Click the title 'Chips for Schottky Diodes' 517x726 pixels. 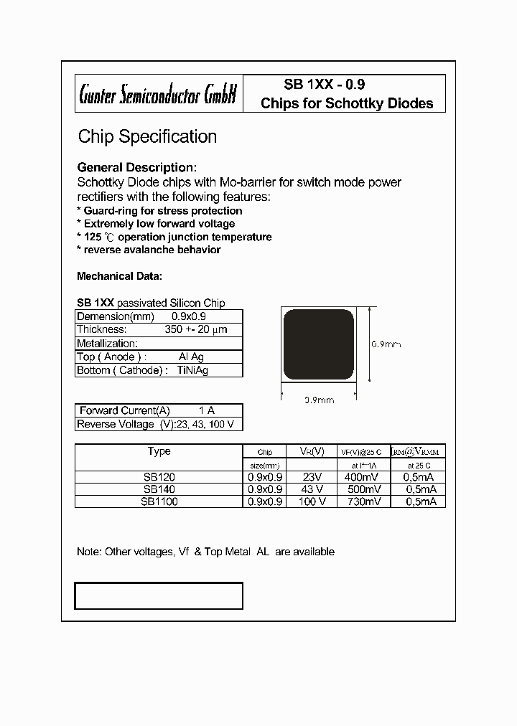pyautogui.click(x=347, y=103)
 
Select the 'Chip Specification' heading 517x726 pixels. pyautogui.click(x=147, y=136)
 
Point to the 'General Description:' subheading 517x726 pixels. pyautogui.click(x=136, y=167)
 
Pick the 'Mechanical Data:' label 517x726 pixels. pyautogui.click(x=119, y=276)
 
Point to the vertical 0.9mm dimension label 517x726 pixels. pyautogui.click(x=386, y=344)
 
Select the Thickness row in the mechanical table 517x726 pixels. pyautogui.click(x=159, y=329)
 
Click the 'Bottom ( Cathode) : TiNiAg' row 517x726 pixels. pyautogui.click(x=159, y=370)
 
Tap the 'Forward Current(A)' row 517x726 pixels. pyautogui.click(x=159, y=410)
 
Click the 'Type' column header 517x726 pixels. pyautogui.click(x=159, y=451)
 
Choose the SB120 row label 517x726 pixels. pyautogui.click(x=159, y=476)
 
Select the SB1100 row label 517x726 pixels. pyautogui.click(x=159, y=502)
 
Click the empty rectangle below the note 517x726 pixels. pyautogui.click(x=159, y=595)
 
